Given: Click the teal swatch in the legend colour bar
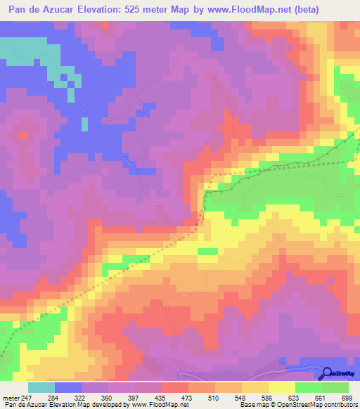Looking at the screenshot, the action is [41, 388].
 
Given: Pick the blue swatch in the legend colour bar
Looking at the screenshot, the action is [68, 388].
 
